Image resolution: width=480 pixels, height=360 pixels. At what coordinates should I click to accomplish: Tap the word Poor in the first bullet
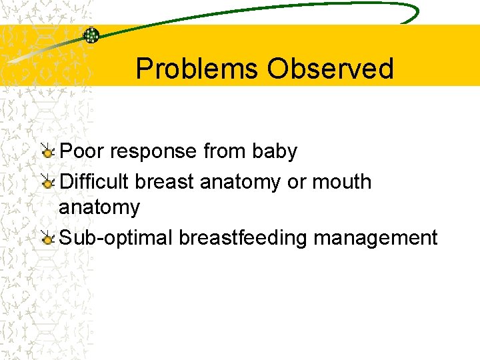82,152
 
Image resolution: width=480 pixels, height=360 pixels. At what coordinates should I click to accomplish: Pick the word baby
275,152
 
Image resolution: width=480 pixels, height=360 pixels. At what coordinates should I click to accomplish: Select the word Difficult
95,181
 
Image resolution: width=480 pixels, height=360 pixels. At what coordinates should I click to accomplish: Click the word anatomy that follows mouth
99,207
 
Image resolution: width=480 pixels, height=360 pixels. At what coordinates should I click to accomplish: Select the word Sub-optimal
116,237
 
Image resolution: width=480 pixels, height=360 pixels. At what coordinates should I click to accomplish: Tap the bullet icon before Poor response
47,151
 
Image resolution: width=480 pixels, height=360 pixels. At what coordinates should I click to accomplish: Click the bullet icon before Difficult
47,181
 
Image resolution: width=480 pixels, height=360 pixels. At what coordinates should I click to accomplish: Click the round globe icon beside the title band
91,35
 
